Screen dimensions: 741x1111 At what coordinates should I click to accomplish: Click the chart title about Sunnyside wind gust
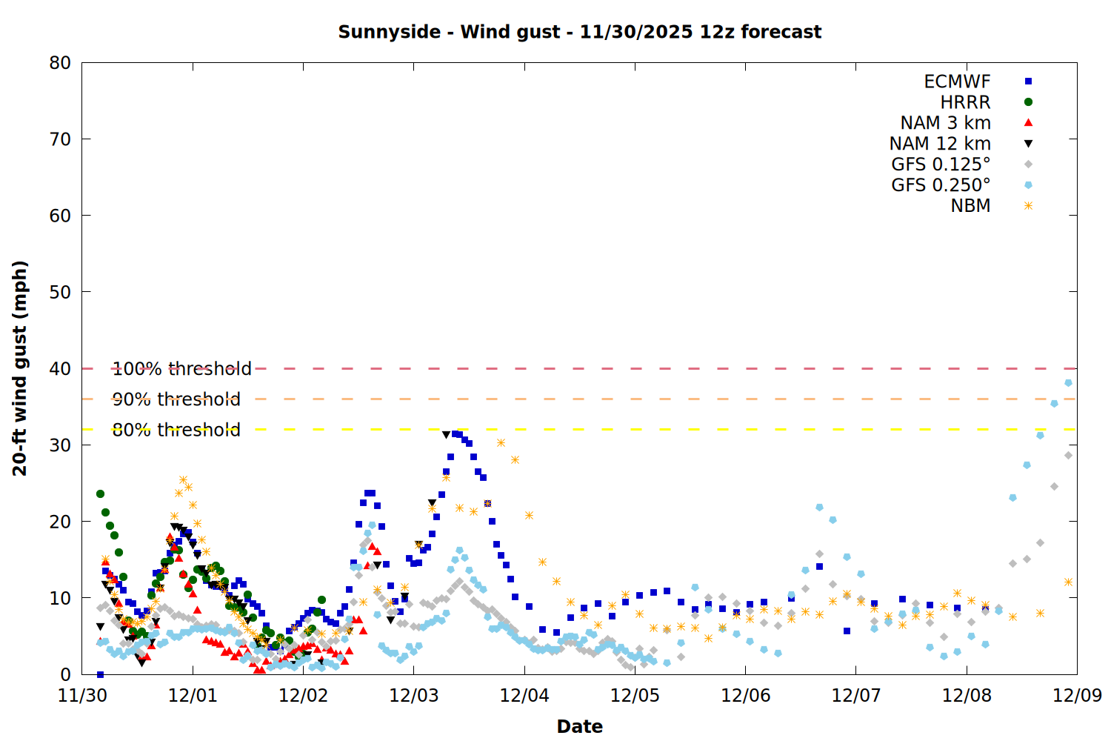point(579,32)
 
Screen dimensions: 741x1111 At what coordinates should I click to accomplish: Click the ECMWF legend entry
point(957,82)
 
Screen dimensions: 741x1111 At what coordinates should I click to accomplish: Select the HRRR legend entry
point(965,102)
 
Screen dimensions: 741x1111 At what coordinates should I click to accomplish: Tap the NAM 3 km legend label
point(945,123)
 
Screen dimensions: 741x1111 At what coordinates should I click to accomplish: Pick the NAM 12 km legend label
point(940,144)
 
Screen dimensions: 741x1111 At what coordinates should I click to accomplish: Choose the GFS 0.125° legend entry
point(941,165)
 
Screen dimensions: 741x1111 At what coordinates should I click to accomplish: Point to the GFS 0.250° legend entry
point(941,185)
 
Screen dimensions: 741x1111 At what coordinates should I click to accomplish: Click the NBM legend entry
point(970,206)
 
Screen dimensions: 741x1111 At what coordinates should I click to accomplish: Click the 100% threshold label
point(181,369)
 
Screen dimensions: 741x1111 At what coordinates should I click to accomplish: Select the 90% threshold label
point(176,399)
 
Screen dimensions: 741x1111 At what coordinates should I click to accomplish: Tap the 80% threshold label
point(176,430)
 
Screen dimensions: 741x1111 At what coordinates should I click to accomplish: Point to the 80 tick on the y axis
point(60,63)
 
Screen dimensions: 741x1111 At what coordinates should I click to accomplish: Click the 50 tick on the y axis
point(60,292)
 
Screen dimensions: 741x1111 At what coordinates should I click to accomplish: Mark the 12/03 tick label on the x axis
point(413,696)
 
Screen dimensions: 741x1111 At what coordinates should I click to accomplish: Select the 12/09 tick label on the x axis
point(1077,696)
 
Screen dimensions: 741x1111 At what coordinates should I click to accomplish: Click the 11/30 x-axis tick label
point(82,696)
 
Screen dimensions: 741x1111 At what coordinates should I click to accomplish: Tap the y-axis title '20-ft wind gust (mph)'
point(20,368)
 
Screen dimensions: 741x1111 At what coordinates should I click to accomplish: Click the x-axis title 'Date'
point(579,726)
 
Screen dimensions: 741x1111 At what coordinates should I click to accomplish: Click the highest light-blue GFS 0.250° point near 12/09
point(1068,383)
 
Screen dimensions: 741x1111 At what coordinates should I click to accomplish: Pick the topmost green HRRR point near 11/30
point(100,494)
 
